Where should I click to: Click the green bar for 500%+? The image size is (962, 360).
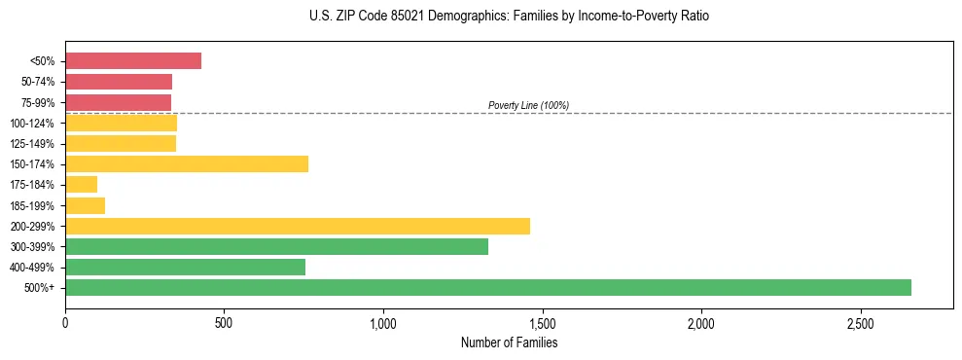[487, 287]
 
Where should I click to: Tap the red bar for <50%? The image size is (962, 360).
[133, 60]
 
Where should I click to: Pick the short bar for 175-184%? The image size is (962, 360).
[81, 184]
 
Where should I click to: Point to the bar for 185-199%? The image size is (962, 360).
[85, 205]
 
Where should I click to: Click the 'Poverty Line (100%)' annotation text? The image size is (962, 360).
[528, 105]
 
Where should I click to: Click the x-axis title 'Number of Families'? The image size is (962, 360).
[509, 342]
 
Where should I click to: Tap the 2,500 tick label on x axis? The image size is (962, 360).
[860, 322]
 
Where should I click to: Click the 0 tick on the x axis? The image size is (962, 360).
[65, 322]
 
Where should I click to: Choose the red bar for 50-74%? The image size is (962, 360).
[119, 81]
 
